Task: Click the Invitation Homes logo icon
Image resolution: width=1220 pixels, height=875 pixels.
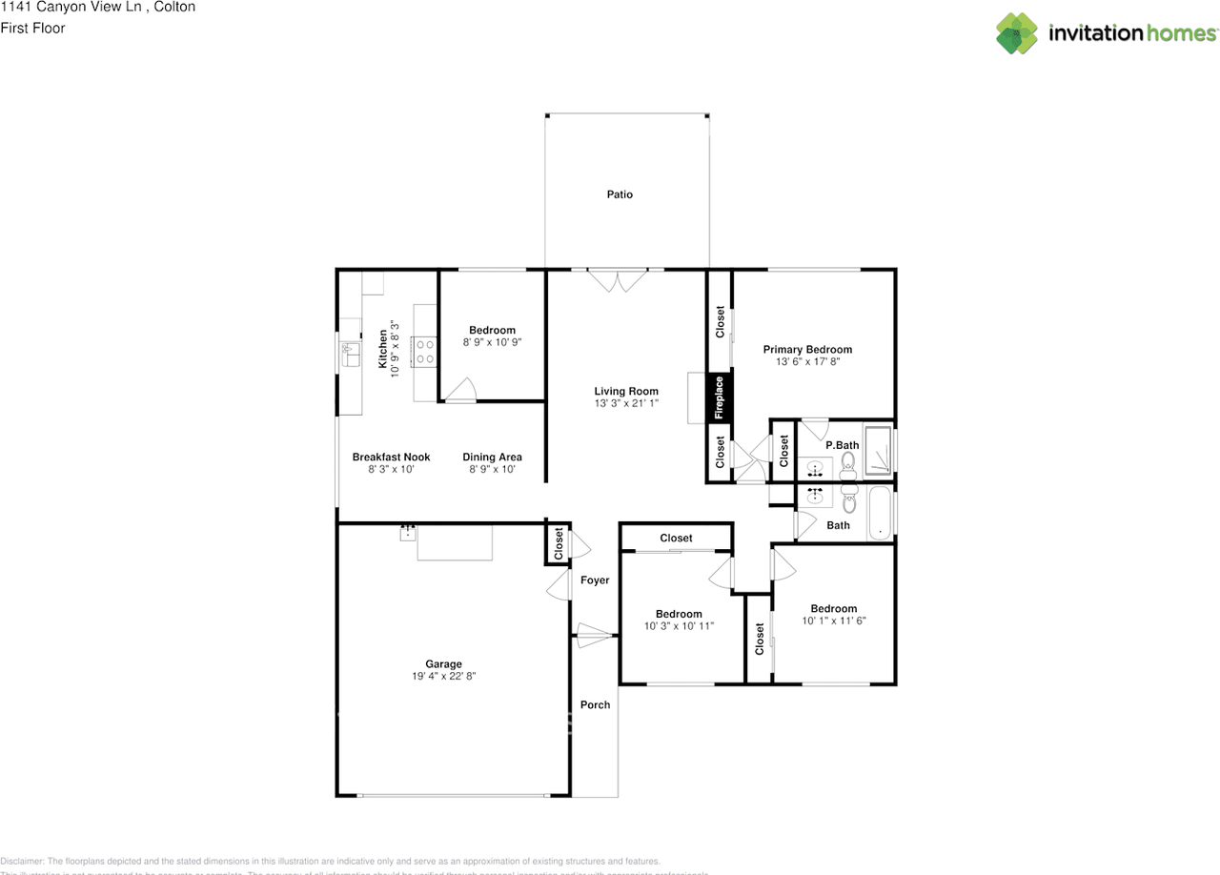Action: (1017, 33)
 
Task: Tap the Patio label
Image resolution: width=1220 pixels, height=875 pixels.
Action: (620, 194)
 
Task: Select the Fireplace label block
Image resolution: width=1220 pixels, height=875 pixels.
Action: (719, 397)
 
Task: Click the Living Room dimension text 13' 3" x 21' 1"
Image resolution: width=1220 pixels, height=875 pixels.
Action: (626, 404)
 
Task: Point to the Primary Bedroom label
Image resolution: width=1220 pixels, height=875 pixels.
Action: (807, 350)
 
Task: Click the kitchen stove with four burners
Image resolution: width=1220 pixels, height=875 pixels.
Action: (424, 352)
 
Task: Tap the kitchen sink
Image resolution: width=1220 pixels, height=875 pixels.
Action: (350, 355)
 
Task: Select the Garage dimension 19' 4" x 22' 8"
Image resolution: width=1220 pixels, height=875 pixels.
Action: (443, 676)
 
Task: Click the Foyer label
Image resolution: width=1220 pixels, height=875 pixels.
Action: (595, 580)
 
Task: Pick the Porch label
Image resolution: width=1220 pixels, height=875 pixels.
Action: (595, 704)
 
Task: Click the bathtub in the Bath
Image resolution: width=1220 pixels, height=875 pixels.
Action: (881, 512)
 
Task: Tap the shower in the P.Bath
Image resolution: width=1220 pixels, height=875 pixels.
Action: (880, 450)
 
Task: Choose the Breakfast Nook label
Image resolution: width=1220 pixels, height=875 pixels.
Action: (391, 457)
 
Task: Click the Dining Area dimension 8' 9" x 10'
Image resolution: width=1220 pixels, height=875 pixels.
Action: (492, 469)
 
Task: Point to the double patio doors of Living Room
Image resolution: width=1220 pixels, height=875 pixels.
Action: (616, 279)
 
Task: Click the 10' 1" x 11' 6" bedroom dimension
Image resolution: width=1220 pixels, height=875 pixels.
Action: (833, 621)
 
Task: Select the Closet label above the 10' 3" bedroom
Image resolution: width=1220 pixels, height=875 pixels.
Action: (676, 539)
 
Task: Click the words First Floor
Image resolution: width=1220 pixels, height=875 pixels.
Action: (33, 29)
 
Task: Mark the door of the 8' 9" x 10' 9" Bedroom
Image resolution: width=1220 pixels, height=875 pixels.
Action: (461, 391)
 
